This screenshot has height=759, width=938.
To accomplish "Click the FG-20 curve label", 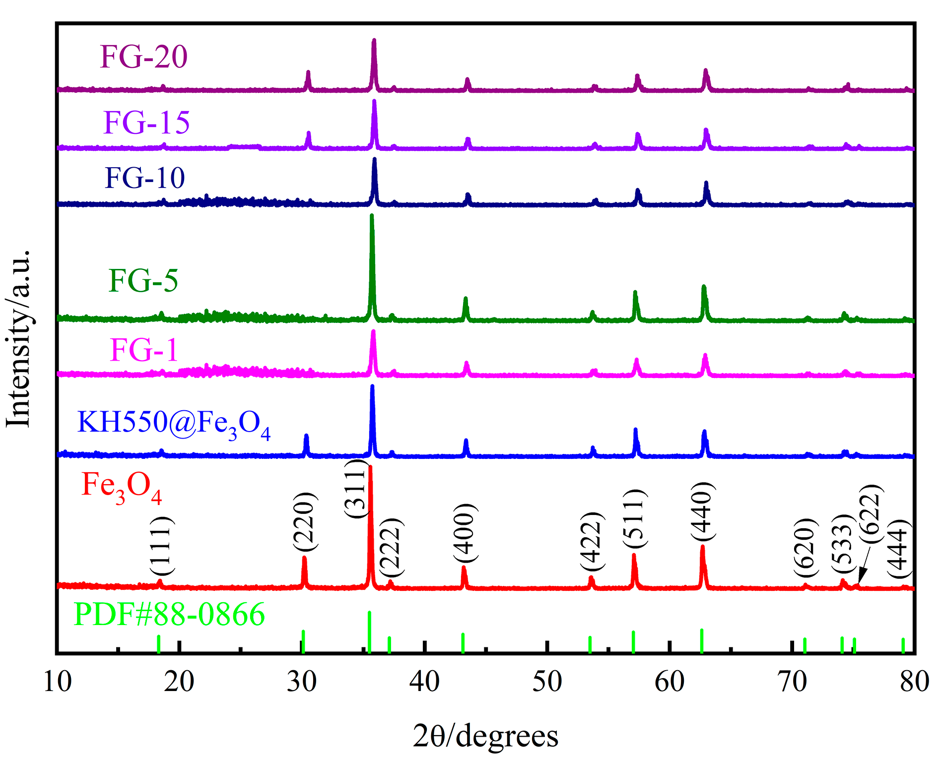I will coord(143,57).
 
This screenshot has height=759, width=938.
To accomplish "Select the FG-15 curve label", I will coord(146,123).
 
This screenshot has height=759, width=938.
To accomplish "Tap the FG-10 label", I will coord(144,178).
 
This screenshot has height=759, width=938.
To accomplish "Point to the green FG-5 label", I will coord(143,281).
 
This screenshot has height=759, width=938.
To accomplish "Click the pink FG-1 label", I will coord(143,350).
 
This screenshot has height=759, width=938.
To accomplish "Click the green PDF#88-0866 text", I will coord(169,615).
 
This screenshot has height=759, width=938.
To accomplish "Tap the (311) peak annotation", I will coord(355,489).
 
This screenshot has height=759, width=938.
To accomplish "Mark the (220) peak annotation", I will coord(304,521).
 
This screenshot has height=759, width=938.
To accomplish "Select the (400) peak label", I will coord(466,532).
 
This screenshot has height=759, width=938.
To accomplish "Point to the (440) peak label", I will coord(702,511).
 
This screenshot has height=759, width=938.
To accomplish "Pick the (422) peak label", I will coord(592,542).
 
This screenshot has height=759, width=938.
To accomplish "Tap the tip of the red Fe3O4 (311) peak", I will coord(370,467).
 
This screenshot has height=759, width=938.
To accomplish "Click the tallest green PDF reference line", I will coord(369,632).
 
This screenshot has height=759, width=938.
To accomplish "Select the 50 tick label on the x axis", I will coord(547,682).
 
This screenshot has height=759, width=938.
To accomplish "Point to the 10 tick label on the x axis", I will coord(58,682).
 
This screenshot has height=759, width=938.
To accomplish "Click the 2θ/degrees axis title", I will coord(485,736).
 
